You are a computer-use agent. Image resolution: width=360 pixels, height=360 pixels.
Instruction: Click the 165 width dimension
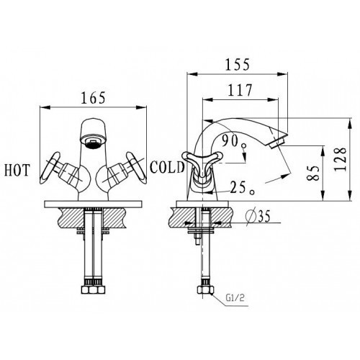point(93,98)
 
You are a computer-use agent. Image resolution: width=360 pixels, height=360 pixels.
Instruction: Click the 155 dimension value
point(238,64)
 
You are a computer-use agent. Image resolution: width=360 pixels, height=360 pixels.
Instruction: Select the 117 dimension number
point(240,90)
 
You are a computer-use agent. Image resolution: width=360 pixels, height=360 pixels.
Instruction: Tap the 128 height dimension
point(341,159)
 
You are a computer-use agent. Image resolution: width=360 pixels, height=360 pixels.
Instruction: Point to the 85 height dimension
point(313,173)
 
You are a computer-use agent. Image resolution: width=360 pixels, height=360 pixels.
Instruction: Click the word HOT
point(17,170)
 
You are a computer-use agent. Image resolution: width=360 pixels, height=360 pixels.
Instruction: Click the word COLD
point(167,167)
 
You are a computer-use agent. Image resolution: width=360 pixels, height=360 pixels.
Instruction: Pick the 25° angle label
point(242,188)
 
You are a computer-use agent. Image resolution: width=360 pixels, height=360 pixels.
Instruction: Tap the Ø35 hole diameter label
point(258,215)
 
